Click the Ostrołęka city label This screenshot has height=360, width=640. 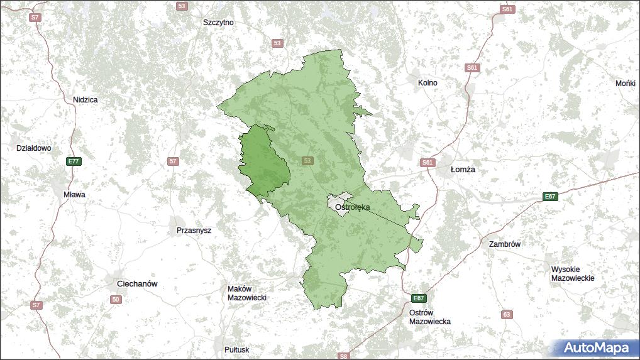click(x=352, y=207)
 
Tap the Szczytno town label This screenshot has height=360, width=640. click(x=218, y=22)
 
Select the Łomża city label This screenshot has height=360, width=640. click(x=463, y=170)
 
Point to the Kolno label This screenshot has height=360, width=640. click(x=428, y=82)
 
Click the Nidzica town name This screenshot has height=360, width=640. click(x=85, y=99)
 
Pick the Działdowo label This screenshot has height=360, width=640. click(x=34, y=148)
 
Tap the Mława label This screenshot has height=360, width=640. click(x=74, y=195)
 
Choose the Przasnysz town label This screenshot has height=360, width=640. click(x=194, y=231)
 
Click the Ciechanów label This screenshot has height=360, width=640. click(x=137, y=284)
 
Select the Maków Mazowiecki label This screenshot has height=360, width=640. click(x=247, y=293)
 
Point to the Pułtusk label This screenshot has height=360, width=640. click(x=236, y=349)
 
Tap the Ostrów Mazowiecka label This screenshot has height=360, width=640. click(x=429, y=317)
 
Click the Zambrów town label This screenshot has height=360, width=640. click(x=504, y=244)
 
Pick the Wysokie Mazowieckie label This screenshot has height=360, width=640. click(x=572, y=273)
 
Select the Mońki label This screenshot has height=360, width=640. click(x=626, y=83)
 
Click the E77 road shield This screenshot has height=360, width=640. click(x=74, y=161)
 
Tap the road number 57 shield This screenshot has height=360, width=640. click(x=173, y=161)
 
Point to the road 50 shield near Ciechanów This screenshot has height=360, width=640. click(x=115, y=300)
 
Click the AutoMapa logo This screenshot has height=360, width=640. click(x=595, y=347)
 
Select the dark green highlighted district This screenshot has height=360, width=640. click(x=264, y=161)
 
